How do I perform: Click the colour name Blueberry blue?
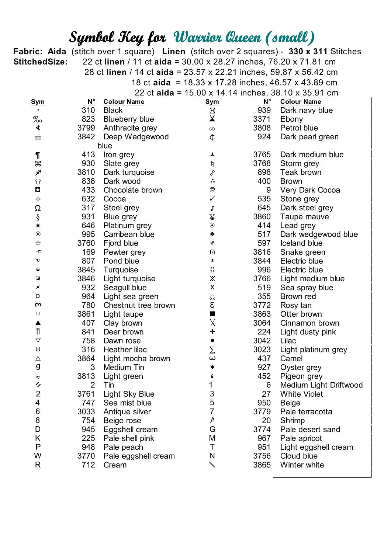pos(129,119)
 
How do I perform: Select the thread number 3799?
pos(86,128)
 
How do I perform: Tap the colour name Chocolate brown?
pos(133,190)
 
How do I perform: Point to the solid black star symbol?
pos(38,225)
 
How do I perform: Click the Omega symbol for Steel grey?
pos(38,208)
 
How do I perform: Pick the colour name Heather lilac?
pos(125,349)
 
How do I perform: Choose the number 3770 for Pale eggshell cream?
pos(86,456)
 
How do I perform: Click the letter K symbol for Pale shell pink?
pos(38,438)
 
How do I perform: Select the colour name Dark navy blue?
pos(306,110)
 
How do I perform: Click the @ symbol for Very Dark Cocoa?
pos(212,190)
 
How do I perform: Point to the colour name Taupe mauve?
pos(304,217)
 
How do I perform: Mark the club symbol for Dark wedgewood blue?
pos(212,234)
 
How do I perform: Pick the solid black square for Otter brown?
pos(212,314)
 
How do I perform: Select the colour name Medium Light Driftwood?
pos(321,385)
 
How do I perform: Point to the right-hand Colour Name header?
pos(300,102)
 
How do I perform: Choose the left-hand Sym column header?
pos(38,102)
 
